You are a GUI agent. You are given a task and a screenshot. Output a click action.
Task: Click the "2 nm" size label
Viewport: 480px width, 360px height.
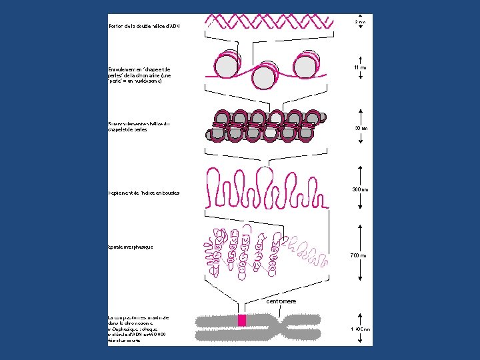pos(360,22)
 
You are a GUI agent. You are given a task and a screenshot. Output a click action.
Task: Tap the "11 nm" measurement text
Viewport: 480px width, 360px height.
pos(360,67)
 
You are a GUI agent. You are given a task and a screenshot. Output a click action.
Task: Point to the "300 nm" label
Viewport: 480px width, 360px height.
pos(360,190)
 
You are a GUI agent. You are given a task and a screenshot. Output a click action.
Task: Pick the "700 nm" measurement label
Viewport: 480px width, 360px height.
pos(359,255)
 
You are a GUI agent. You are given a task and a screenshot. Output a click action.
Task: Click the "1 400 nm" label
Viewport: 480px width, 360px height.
pos(360,329)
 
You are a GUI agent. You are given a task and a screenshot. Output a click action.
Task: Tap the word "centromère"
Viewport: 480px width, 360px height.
pos(281,301)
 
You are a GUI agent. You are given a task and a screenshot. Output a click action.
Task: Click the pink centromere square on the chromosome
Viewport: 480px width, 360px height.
pos(242,321)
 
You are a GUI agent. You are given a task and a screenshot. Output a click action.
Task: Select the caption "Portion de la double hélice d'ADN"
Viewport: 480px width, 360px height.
pos(144,26)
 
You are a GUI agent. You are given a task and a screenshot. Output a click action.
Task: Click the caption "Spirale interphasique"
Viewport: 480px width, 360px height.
pos(131,247)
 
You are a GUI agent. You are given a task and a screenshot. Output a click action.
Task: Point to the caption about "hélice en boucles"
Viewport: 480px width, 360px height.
pos(144,193)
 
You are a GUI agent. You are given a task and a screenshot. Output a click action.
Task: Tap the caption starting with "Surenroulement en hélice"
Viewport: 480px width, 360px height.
pos(139,127)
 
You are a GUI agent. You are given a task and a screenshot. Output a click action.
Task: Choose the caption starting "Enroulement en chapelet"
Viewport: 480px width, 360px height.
pos(139,75)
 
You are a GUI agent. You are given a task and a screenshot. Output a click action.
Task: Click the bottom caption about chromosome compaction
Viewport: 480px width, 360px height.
pos(139,329)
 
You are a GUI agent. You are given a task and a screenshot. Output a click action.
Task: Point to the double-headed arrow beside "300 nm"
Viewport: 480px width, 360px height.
pos(360,189)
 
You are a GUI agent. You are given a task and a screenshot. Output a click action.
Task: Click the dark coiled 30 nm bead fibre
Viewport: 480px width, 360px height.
pos(268,125)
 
